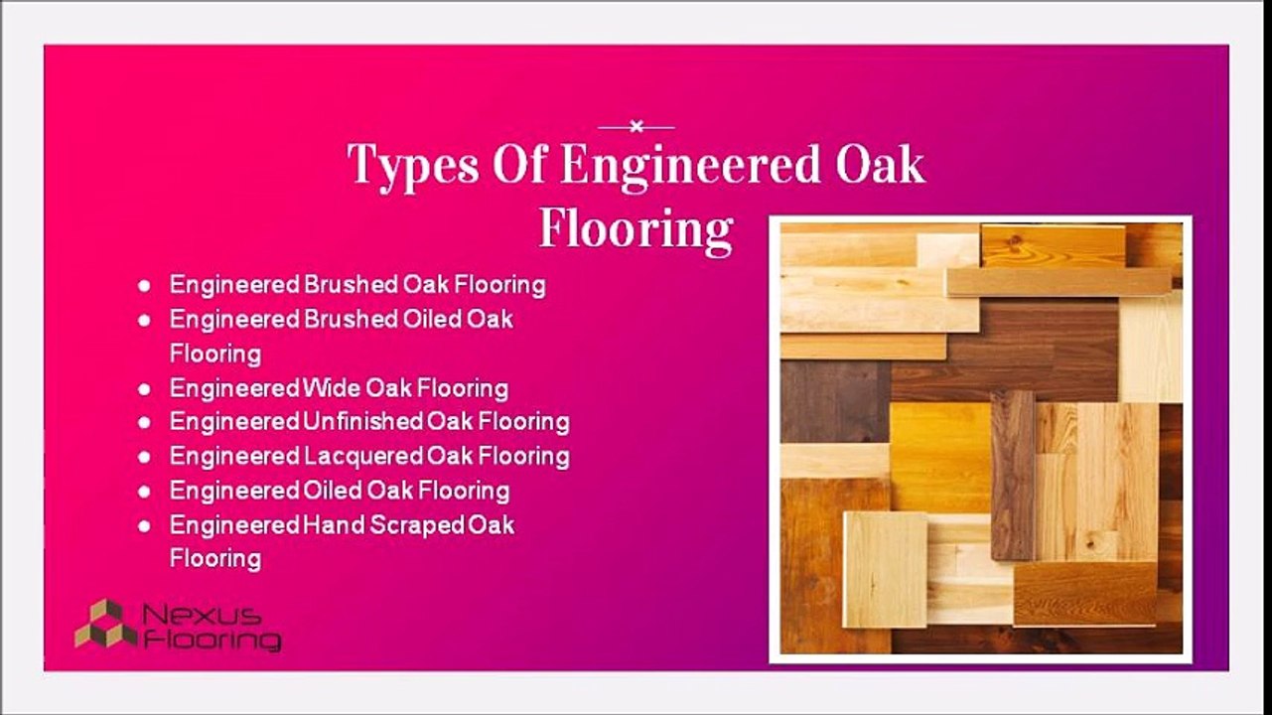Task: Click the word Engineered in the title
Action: pos(687,165)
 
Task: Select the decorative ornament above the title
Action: pos(636,126)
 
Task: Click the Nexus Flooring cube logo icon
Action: pos(105,624)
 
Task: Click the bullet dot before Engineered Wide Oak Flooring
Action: pos(145,388)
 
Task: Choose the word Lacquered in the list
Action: pos(363,457)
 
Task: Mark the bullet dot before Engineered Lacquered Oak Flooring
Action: pos(145,457)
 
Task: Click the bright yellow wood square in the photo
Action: pos(938,457)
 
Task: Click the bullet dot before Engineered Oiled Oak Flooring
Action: pos(145,491)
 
